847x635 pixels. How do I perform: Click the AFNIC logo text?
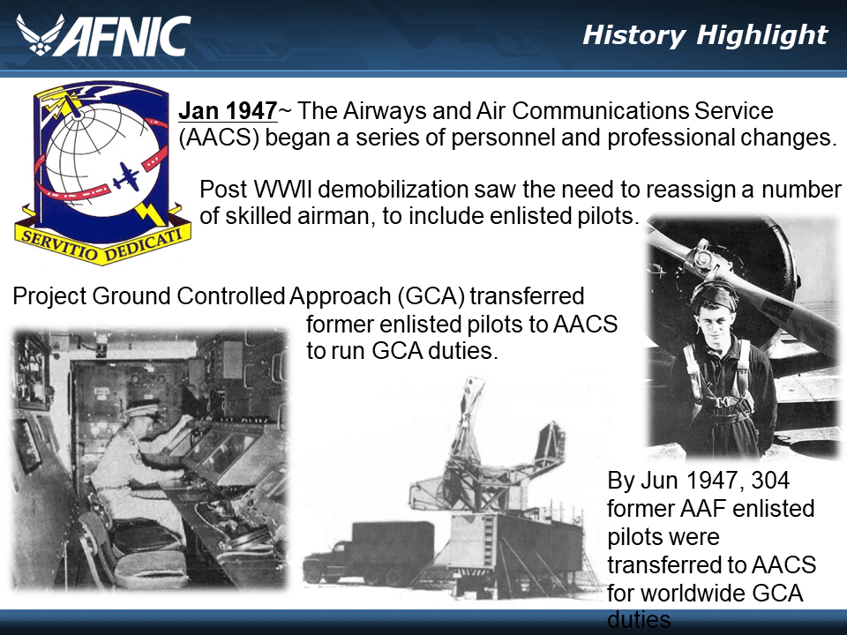click(128, 36)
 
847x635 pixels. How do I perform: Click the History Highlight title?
click(705, 35)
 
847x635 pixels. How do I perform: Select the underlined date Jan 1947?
click(228, 112)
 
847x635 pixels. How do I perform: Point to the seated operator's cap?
click(141, 409)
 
